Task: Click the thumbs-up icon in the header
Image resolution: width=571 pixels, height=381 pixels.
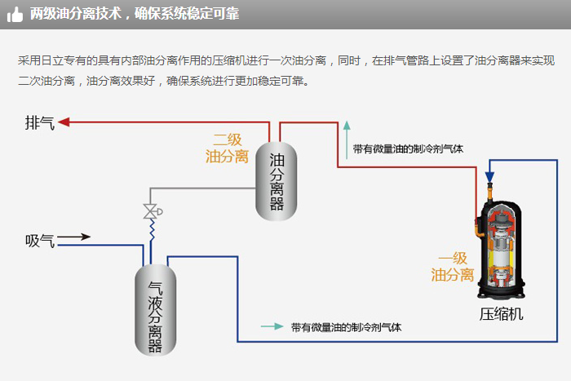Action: pyautogui.click(x=15, y=15)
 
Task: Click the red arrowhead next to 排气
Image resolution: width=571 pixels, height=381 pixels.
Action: pyautogui.click(x=65, y=123)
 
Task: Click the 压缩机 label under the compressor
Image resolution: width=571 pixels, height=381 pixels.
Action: pyautogui.click(x=501, y=314)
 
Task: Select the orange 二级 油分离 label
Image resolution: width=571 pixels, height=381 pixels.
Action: pyautogui.click(x=228, y=148)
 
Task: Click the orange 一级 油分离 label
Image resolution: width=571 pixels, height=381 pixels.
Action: pyautogui.click(x=453, y=265)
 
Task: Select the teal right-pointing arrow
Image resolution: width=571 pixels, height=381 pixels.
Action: pyautogui.click(x=271, y=326)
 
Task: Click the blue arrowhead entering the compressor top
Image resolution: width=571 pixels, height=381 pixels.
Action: pyautogui.click(x=489, y=176)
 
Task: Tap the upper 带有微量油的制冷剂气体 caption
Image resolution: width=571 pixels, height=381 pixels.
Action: pyautogui.click(x=408, y=149)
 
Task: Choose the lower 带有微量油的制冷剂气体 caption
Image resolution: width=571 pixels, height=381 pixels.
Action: pyautogui.click(x=346, y=327)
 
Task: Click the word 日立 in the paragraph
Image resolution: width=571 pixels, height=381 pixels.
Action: pyautogui.click(x=61, y=61)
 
